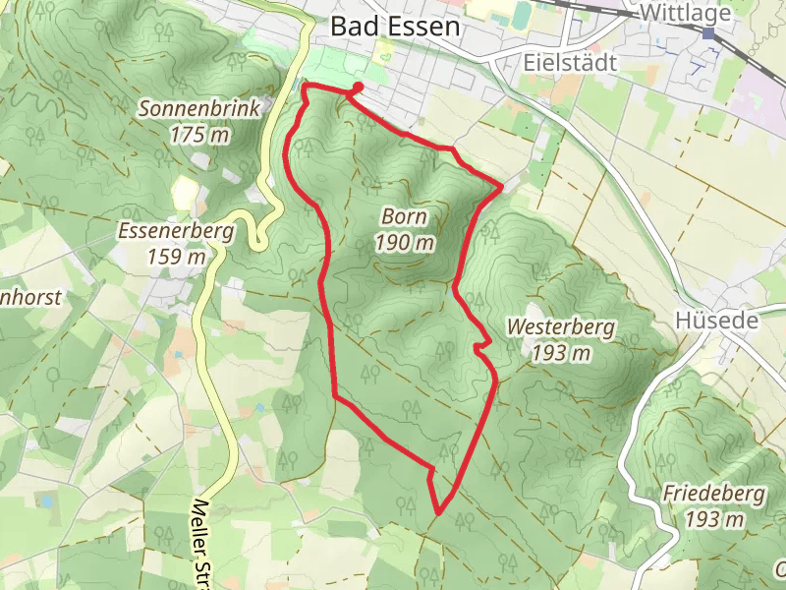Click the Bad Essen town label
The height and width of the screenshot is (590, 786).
point(395,27)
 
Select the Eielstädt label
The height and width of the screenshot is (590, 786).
point(569,63)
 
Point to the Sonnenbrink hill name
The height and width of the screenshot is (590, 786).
point(199,109)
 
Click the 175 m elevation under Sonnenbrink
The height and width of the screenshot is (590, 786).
point(199,135)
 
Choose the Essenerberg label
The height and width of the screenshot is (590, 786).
point(175,233)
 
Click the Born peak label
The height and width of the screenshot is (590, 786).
point(405,216)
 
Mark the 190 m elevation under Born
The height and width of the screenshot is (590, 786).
point(405,242)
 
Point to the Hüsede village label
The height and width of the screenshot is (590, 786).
point(716,321)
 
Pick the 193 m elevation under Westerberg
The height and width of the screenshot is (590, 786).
point(561,353)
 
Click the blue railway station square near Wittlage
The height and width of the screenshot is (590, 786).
point(708,33)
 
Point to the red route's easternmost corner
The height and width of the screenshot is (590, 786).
point(502,184)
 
